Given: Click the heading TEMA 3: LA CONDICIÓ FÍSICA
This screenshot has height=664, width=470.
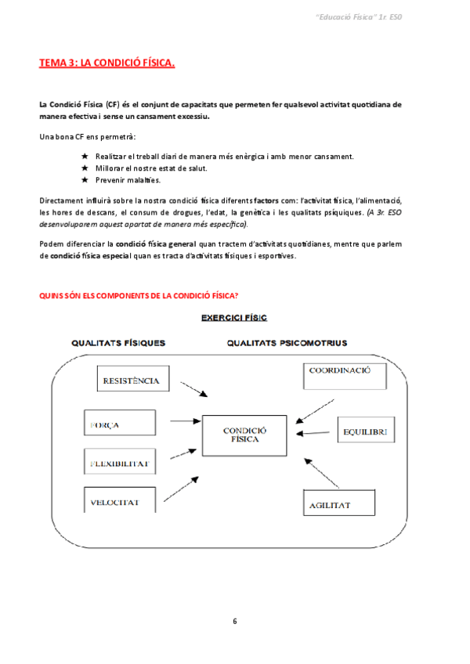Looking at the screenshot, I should tap(107, 63).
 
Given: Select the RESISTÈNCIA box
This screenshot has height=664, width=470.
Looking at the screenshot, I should tap(132, 381).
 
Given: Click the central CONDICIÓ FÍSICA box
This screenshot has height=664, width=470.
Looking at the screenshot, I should tap(245, 435).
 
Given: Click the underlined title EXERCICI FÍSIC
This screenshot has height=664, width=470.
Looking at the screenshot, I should tap(234, 318).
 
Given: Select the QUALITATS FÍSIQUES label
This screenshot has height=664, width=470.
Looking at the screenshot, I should tap(118, 342).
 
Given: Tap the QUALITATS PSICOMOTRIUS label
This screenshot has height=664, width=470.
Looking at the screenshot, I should tap(287, 342).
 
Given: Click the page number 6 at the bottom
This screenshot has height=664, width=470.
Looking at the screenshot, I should tap(234, 621).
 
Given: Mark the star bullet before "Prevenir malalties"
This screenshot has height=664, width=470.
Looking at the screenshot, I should tap(85, 179).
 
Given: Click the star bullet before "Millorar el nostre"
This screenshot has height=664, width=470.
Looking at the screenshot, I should tap(85, 168).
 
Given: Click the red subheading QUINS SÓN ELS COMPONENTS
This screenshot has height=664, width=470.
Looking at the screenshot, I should tap(139, 294).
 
